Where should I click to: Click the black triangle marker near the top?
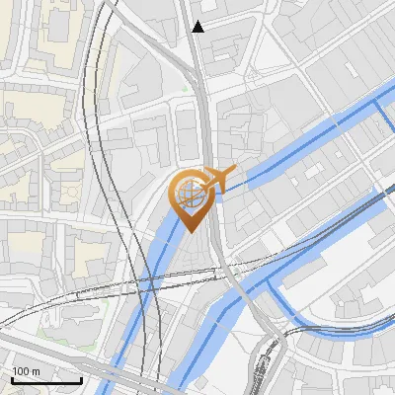[x=198, y=27]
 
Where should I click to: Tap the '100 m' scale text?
[x=26, y=371]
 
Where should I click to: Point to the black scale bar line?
[x=45, y=380]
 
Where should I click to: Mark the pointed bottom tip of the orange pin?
[x=189, y=232]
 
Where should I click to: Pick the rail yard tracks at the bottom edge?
[x=261, y=380]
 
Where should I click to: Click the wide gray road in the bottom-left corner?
[x=39, y=348]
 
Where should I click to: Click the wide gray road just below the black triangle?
[x=198, y=69]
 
